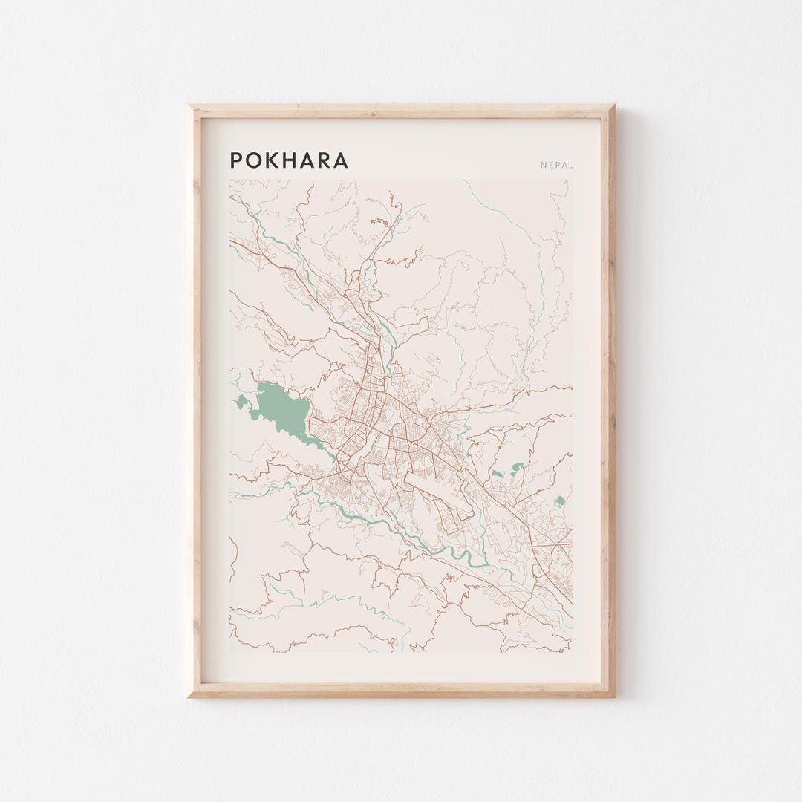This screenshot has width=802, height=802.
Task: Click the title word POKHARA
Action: pos(288,160)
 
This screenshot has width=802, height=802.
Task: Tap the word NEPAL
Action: pos(557,166)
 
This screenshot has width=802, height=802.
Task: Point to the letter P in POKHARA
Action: pos(236,160)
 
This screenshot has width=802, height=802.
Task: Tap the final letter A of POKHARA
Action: pos(342,160)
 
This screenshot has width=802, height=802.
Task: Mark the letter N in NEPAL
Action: pos(544,166)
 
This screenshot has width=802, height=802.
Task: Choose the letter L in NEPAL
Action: pos(571,166)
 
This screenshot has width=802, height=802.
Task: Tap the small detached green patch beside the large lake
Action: pos(241,403)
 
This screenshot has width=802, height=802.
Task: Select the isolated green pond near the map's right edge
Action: pos(558,501)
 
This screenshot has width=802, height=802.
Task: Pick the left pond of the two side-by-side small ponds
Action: pos(496,472)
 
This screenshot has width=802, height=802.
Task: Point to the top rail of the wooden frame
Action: pos(401,111)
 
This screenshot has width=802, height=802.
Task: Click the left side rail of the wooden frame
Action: pos(195,401)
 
